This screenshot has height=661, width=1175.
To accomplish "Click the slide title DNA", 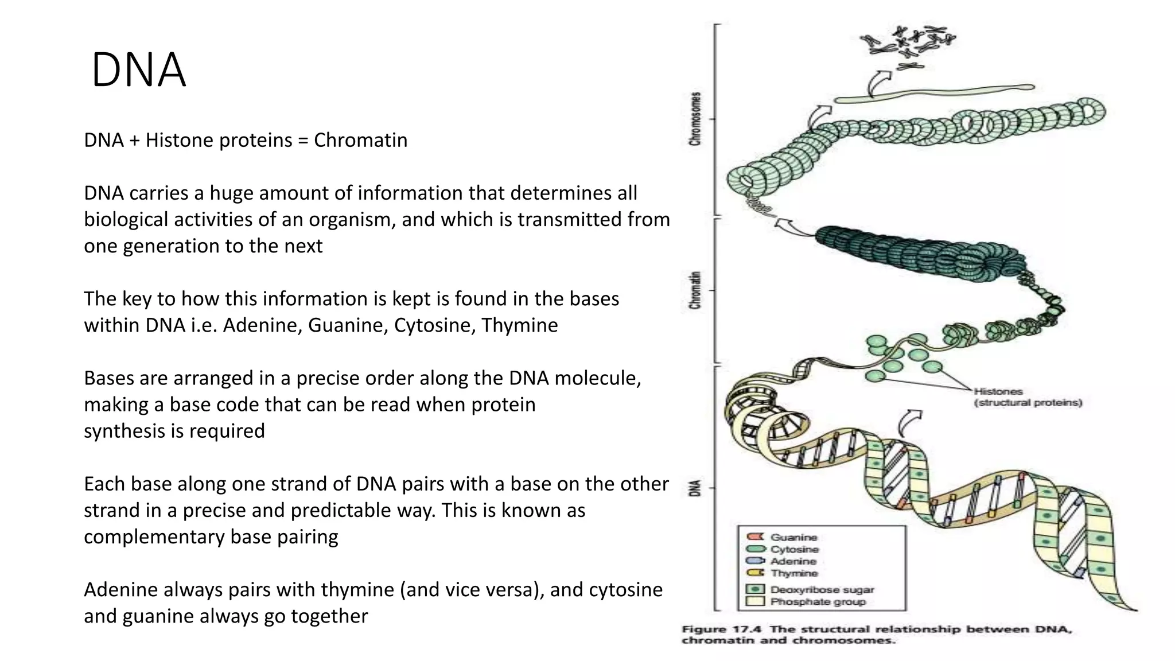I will pos(138,70).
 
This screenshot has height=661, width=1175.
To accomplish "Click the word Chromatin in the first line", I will pos(360,140).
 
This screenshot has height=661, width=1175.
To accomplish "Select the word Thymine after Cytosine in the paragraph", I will pos(519,325).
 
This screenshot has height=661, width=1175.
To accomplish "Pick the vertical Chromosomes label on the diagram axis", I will pos(695,119).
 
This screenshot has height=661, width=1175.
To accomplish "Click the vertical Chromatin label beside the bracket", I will pos(695,290).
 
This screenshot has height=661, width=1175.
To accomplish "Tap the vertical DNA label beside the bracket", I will pos(695,488).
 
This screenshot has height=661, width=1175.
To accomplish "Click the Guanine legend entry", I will pos(793,537).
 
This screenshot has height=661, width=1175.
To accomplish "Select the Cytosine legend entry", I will pos(795,549).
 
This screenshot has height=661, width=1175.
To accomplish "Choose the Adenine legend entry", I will pos(793,561).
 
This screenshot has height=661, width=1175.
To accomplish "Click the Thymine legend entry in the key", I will pos(794,573).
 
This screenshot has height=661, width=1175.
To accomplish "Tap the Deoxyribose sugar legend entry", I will pos(822,589).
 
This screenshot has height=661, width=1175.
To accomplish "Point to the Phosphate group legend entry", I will pos(818,602).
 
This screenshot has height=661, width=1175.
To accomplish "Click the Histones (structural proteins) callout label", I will pos(1027,397).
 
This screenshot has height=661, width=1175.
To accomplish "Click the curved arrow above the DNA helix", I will pos(908,423).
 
